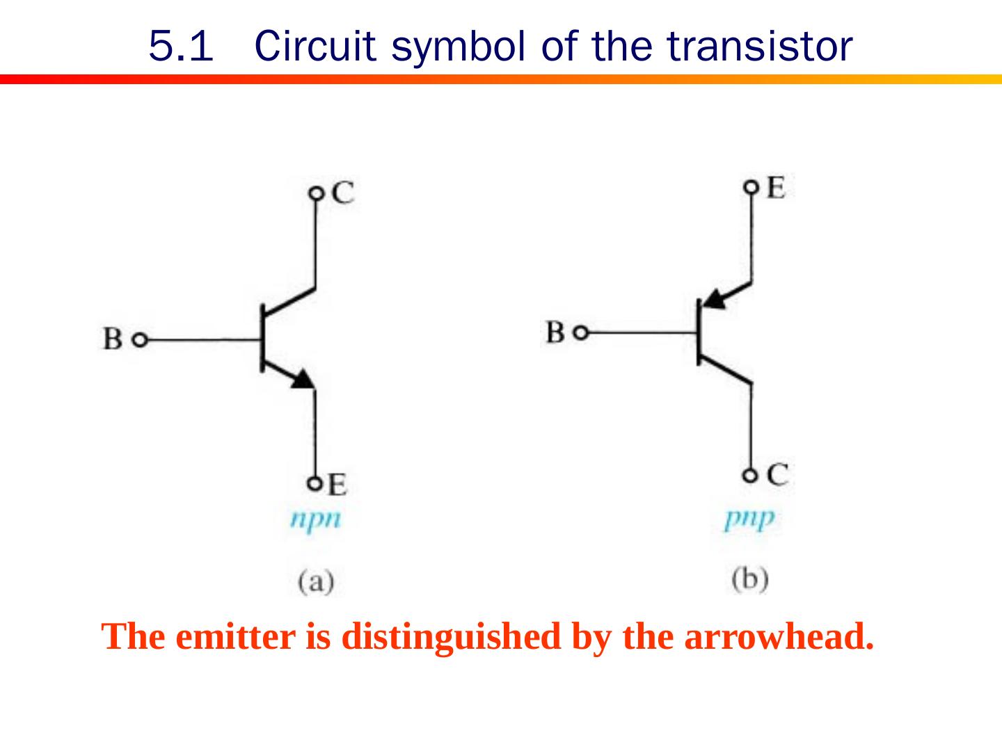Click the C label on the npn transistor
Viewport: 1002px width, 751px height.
point(342,193)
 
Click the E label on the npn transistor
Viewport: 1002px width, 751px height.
point(337,485)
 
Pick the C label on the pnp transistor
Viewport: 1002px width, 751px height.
point(778,475)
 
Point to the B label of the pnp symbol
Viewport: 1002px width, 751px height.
point(555,332)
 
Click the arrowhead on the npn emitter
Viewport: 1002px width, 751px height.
point(303,379)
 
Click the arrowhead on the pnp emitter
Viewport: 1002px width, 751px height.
point(713,300)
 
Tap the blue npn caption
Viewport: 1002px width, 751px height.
point(316,519)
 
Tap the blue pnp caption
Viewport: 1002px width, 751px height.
point(749,519)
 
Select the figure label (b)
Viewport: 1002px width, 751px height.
point(750,579)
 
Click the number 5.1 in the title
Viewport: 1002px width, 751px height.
point(180,47)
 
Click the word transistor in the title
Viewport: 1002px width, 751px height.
point(759,47)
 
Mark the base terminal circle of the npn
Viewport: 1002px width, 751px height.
point(140,341)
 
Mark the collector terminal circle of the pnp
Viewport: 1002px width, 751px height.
point(749,476)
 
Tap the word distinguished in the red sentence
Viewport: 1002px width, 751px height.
point(450,636)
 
